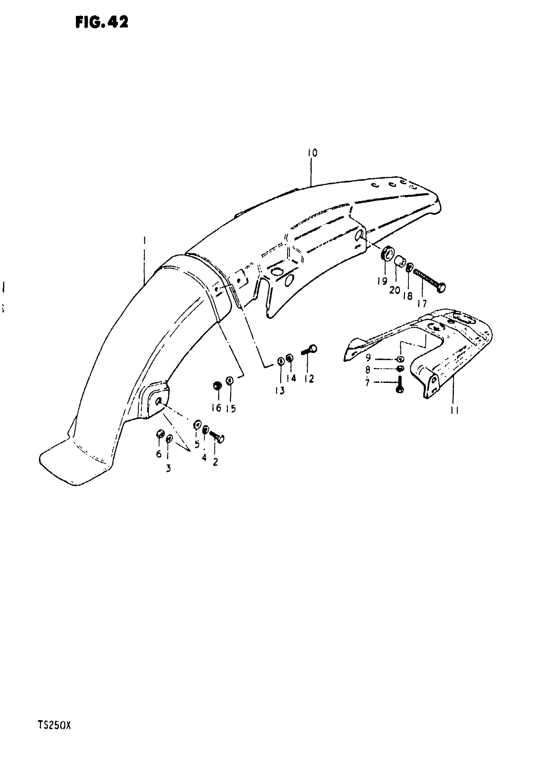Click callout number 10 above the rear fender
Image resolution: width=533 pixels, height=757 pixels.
[x=312, y=153]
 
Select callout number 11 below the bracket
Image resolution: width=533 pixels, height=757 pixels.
[x=455, y=411]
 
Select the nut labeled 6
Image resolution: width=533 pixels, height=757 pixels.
[x=160, y=434]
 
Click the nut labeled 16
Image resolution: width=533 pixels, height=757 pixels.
[x=217, y=385]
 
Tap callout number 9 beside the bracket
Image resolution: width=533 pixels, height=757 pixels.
[x=368, y=357]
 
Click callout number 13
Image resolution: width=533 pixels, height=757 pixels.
[x=280, y=391]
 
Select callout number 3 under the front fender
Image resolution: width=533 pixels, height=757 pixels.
[x=168, y=468]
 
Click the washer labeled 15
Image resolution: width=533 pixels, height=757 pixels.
[x=230, y=381]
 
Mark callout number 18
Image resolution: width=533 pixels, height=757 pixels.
[x=408, y=296]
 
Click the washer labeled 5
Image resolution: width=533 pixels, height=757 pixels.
[x=197, y=425]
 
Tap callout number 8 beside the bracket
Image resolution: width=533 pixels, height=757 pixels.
[x=368, y=370]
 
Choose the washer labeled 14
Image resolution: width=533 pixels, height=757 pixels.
[x=290, y=358]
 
